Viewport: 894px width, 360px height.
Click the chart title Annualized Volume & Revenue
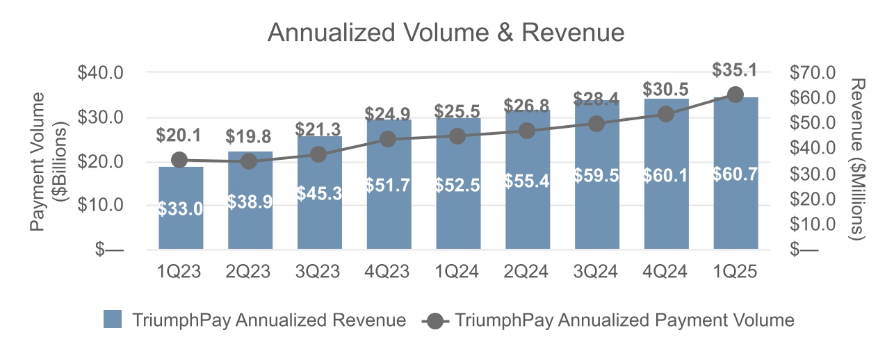pos(446,33)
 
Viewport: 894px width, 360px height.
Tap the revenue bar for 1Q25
pos(735,208)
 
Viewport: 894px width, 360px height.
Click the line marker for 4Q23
pos(388,139)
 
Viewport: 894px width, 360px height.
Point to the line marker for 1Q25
pos(735,95)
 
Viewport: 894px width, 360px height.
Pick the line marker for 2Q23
pos(249,161)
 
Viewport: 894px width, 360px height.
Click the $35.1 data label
pos(735,70)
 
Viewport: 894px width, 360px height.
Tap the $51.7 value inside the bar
pos(388,186)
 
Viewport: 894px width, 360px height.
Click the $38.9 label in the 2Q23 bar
pos(250,202)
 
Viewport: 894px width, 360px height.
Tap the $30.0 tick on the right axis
pos(813,174)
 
